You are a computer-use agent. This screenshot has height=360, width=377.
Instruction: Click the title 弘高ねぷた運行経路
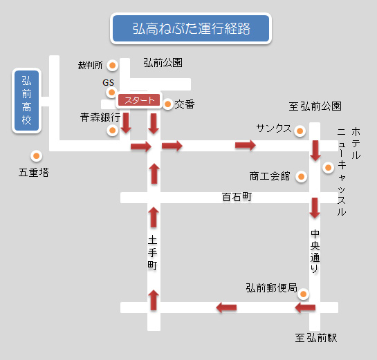pyautogui.click(x=191, y=28)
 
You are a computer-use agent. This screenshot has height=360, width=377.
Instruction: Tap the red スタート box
pyautogui.click(x=139, y=100)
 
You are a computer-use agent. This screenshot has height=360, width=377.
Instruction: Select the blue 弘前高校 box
pyautogui.click(x=27, y=101)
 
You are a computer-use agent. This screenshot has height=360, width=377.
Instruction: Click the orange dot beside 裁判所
pyautogui.click(x=112, y=65)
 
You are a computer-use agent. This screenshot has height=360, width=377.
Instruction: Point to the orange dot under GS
pyautogui.click(x=111, y=92)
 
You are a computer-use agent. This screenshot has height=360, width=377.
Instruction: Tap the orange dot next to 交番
pyautogui.click(x=167, y=104)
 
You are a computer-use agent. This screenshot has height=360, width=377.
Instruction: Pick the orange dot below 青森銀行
pyautogui.click(x=112, y=131)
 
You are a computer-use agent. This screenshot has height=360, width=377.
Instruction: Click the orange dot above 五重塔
pyautogui.click(x=36, y=156)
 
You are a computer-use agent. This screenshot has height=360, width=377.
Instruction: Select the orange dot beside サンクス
pyautogui.click(x=300, y=131)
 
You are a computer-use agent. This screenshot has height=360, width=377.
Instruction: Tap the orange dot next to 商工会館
pyautogui.click(x=301, y=177)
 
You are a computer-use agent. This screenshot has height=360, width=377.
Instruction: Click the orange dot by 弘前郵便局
pyautogui.click(x=304, y=294)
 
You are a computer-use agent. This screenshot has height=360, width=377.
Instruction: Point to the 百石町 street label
pyautogui.click(x=237, y=197)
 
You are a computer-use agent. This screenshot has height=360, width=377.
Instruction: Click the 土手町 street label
pyautogui.click(x=152, y=253)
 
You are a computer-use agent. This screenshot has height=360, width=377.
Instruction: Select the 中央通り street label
pyautogui.click(x=315, y=252)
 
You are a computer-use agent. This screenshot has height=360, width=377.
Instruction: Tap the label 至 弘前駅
pyautogui.click(x=316, y=338)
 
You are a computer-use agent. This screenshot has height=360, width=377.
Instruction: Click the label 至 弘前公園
pyautogui.click(x=315, y=106)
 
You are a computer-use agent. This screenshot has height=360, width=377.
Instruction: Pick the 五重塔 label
pyautogui.click(x=34, y=173)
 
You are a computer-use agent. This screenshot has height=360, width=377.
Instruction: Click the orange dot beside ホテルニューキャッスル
pyautogui.click(x=328, y=167)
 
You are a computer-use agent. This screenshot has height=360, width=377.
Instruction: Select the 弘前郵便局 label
pyautogui.click(x=271, y=287)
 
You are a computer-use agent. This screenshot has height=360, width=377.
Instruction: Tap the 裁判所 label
pyautogui.click(x=91, y=65)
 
